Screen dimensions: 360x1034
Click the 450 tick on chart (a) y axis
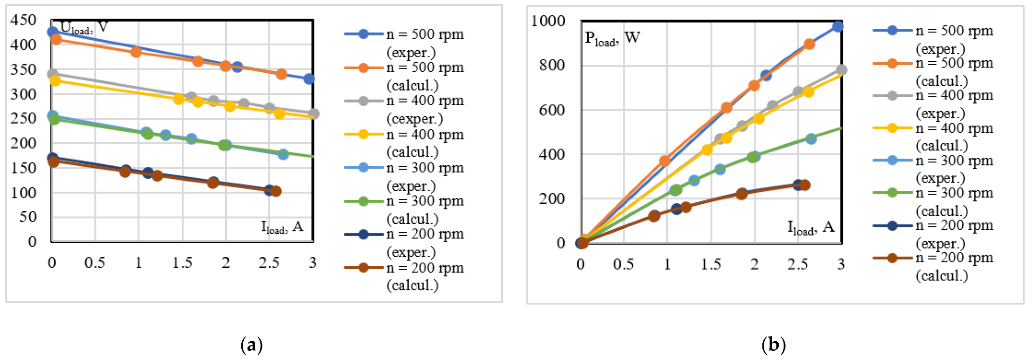23,20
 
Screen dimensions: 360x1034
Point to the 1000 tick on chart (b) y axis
548,21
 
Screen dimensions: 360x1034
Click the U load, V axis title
84,27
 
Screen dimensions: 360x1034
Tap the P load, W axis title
612,38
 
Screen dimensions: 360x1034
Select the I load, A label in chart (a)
282,227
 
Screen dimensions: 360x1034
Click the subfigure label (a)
251,345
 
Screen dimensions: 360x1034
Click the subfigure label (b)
773,345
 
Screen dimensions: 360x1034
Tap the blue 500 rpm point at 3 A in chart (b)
838,26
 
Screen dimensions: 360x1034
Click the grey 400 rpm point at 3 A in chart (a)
313,114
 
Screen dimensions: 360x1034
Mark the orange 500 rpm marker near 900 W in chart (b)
809,44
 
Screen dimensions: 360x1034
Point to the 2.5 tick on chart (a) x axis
269,263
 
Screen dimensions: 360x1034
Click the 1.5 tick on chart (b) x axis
710,264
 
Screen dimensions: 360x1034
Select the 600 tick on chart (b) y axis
552,110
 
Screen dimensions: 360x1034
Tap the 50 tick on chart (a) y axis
27,217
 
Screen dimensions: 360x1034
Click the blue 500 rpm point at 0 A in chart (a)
52,32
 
